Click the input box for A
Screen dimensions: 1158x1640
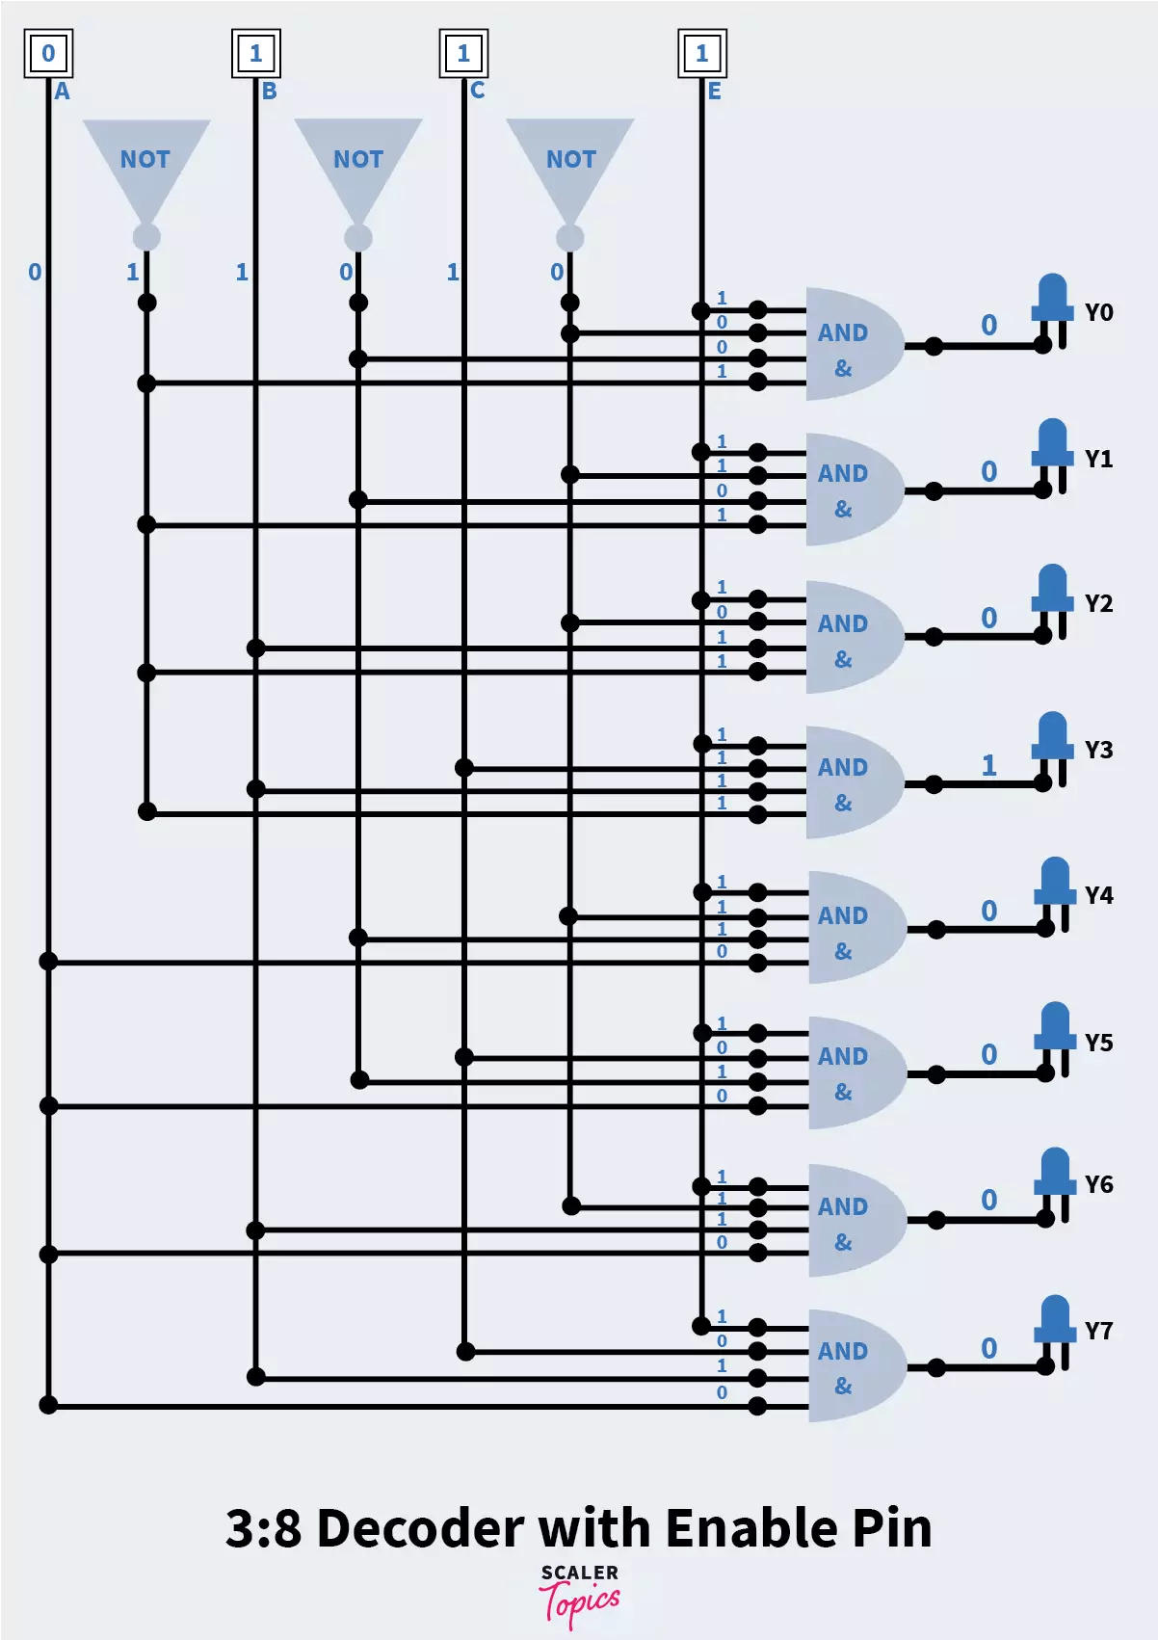click(48, 53)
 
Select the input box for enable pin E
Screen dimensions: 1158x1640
click(701, 53)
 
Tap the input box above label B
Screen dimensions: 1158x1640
click(255, 53)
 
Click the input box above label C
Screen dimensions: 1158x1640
click(463, 53)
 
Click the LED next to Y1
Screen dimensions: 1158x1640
click(1052, 453)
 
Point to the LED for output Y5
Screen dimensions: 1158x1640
click(1055, 1036)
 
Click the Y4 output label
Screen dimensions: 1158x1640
click(1098, 896)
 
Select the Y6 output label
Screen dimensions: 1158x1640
click(1098, 1185)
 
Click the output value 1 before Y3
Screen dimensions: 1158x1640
click(988, 766)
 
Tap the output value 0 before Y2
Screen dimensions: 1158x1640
click(988, 619)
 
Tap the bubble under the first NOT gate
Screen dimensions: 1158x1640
click(146, 236)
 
